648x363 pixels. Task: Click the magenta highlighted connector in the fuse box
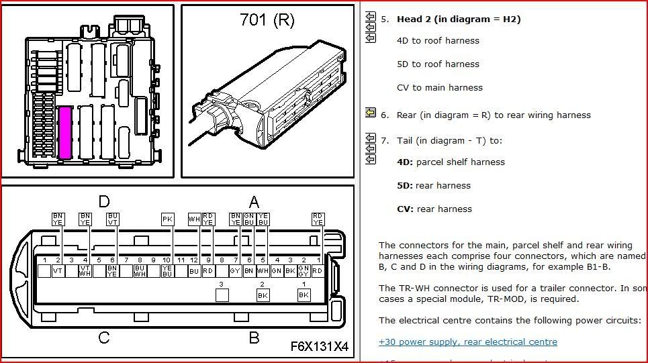[x=65, y=132]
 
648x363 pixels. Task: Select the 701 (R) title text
[x=267, y=20]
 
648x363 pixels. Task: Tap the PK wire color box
[x=167, y=219]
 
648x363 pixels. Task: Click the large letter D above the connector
[x=104, y=201]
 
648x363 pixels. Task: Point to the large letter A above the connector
[x=254, y=201]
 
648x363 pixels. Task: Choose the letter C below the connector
[x=104, y=338]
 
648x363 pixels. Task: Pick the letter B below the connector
[x=254, y=338]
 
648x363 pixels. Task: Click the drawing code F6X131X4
[x=319, y=346]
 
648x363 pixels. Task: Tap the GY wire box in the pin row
[x=235, y=271]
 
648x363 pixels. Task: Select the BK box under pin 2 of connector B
[x=263, y=295]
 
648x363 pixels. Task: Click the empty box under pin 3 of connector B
[x=222, y=295]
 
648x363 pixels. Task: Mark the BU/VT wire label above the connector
[x=113, y=219]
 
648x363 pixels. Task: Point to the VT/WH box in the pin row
[x=85, y=271]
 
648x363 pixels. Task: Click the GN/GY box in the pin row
[x=304, y=271]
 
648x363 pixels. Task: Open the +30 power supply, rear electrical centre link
[x=467, y=342]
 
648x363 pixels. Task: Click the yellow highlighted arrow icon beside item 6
[x=370, y=113]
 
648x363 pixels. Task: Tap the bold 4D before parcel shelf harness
[x=405, y=162]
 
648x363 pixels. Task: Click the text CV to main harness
[x=439, y=87]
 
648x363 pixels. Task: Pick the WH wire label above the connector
[x=194, y=219]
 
